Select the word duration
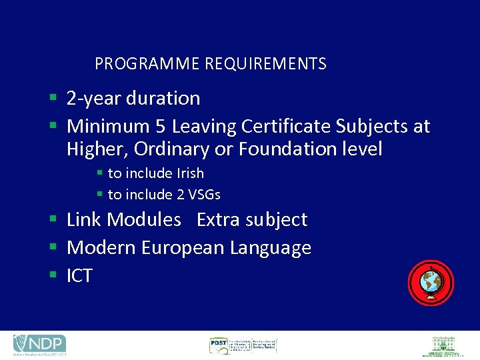coord(163,99)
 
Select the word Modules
coord(144,219)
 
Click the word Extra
coord(217,219)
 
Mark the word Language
coord(270,248)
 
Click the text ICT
coord(79,276)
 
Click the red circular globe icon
coord(431,283)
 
